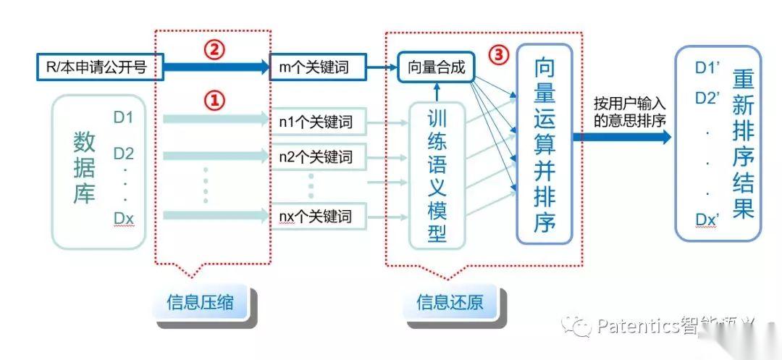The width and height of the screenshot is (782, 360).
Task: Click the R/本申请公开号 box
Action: [x=100, y=68]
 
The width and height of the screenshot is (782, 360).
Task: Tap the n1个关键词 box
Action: [x=316, y=121]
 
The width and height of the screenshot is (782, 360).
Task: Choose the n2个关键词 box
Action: [x=316, y=156]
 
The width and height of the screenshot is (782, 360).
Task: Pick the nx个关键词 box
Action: [x=316, y=215]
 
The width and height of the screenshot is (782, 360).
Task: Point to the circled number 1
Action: [x=214, y=101]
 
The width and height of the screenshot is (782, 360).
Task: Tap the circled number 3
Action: [x=497, y=54]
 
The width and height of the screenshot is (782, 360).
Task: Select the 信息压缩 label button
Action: [x=201, y=301]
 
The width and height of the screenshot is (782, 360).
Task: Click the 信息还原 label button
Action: [x=450, y=301]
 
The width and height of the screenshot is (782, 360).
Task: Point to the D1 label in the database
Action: [x=124, y=116]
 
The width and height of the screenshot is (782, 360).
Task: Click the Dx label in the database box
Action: [x=124, y=217]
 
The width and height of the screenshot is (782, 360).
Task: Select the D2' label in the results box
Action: [x=707, y=98]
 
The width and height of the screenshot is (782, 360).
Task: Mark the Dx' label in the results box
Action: [x=707, y=219]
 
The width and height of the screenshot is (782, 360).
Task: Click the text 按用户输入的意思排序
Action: [x=628, y=112]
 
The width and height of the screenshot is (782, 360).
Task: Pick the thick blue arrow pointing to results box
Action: [x=622, y=136]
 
